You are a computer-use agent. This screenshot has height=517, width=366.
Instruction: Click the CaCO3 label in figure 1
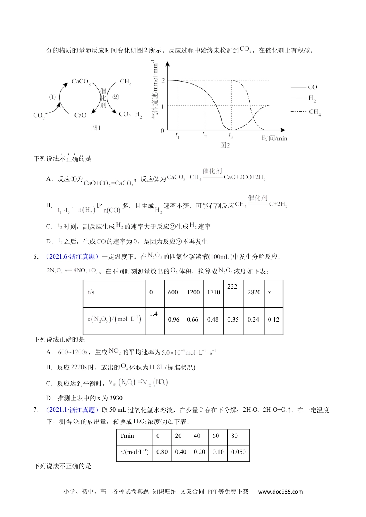(81, 82)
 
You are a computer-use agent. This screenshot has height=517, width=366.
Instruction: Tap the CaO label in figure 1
(80, 115)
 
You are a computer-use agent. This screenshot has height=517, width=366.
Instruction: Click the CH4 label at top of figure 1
(126, 82)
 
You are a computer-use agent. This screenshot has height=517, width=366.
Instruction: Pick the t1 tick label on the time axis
(177, 136)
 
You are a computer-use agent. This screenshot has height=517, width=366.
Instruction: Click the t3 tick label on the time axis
(230, 136)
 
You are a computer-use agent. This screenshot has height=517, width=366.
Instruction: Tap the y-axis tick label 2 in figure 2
(163, 80)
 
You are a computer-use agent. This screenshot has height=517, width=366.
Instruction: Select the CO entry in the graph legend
(312, 87)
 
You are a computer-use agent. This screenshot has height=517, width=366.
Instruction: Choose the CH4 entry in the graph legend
(314, 112)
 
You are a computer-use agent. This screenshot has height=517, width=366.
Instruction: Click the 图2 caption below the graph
(225, 145)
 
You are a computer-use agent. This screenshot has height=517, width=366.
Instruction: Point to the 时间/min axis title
(275, 138)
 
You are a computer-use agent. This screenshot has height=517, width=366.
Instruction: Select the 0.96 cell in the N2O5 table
(174, 320)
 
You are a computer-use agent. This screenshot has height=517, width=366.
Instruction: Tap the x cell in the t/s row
(270, 292)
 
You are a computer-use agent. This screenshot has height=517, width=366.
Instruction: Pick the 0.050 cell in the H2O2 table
(238, 452)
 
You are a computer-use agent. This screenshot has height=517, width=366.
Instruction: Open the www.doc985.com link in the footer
(280, 491)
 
